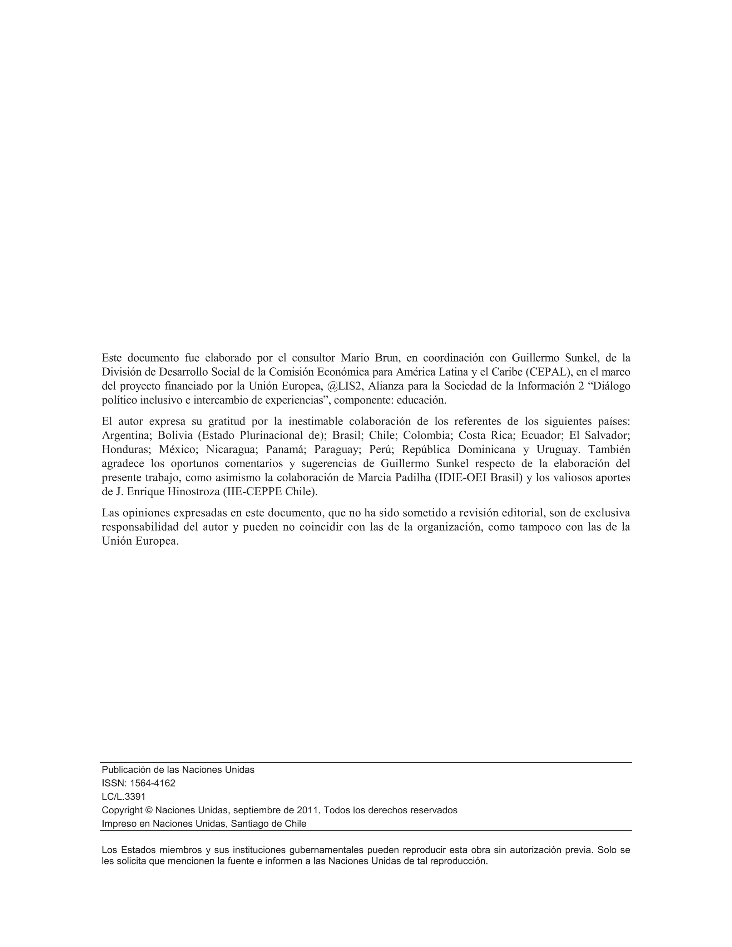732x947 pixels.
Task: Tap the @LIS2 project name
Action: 346,386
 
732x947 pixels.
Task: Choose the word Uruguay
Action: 557,449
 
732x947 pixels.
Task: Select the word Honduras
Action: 126,449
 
